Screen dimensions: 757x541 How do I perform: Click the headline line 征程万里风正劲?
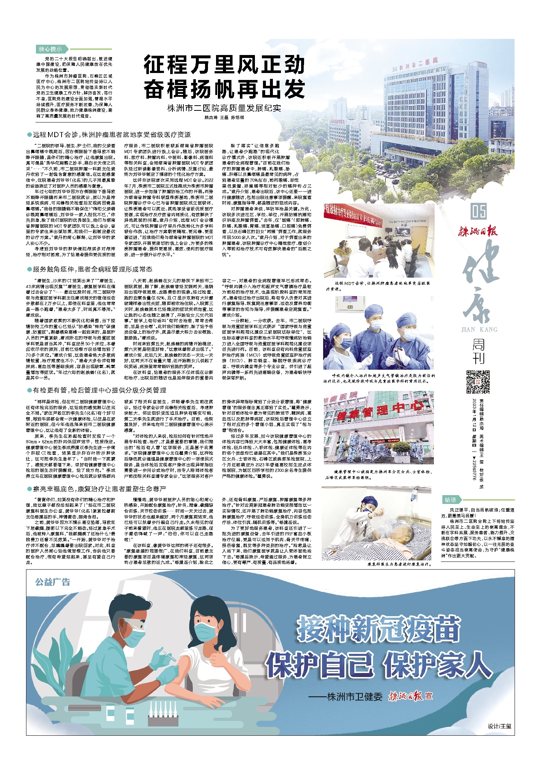(x=224, y=65)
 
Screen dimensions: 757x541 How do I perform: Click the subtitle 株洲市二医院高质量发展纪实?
(x=224, y=108)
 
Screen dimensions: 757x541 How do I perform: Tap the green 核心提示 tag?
(x=51, y=49)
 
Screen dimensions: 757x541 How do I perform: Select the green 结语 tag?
(x=450, y=500)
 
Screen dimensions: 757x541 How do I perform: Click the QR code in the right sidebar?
(x=478, y=382)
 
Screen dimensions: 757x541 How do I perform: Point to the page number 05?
(x=479, y=212)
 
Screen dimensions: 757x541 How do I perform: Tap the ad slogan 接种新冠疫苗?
(x=378, y=628)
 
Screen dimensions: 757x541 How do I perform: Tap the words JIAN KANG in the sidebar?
(x=479, y=329)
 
